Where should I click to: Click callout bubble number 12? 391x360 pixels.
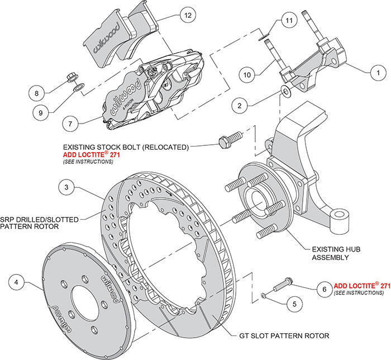[188, 16]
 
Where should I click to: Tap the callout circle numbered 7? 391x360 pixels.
[71, 122]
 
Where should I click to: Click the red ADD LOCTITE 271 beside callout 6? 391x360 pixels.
[361, 285]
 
